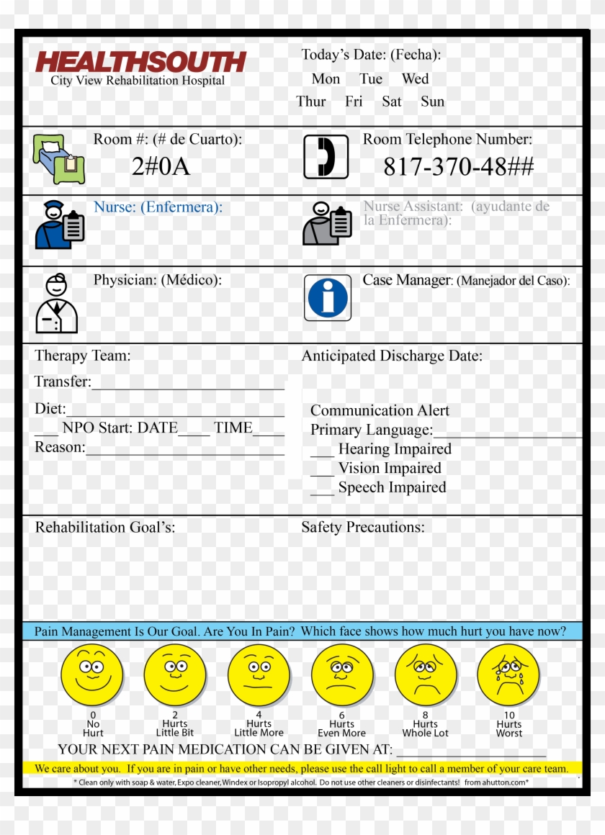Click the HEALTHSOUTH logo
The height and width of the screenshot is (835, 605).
point(140,62)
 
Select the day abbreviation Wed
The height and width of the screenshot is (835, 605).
point(415,79)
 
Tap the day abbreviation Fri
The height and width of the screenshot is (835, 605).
point(354,101)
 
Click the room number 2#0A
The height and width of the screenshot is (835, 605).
point(161,167)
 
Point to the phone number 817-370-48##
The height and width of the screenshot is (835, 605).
point(458,167)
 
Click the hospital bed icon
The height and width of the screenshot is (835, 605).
point(58,160)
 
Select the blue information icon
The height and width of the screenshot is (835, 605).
point(328,297)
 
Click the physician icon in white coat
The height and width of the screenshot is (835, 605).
point(56,303)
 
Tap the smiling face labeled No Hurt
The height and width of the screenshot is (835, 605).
point(91,675)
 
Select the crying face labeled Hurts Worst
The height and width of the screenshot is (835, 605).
point(508,675)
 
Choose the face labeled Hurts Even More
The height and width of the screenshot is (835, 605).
point(342,675)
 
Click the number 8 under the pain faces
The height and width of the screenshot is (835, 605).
point(425,716)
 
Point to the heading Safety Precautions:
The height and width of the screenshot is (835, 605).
point(362,527)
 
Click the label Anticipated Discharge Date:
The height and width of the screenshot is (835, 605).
point(391,356)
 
